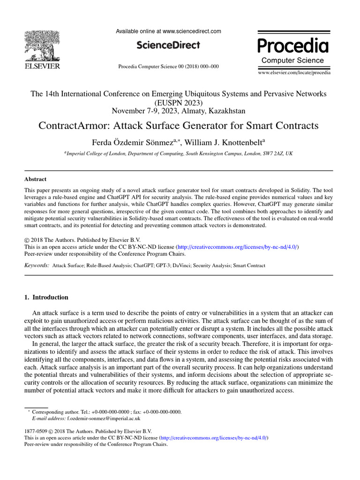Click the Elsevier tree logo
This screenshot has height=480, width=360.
coord(42,47)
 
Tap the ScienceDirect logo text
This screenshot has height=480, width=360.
coord(168,45)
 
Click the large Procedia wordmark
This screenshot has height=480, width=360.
coord(293,46)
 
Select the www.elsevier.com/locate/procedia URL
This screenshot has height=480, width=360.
coord(294,73)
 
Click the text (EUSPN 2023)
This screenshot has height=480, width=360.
coord(179,103)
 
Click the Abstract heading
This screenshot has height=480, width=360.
coord(35,179)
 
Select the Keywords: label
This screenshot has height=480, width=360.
coord(37,265)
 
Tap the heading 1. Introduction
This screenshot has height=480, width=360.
coord(46,297)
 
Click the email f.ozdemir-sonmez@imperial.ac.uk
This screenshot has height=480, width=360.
coord(104,418)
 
